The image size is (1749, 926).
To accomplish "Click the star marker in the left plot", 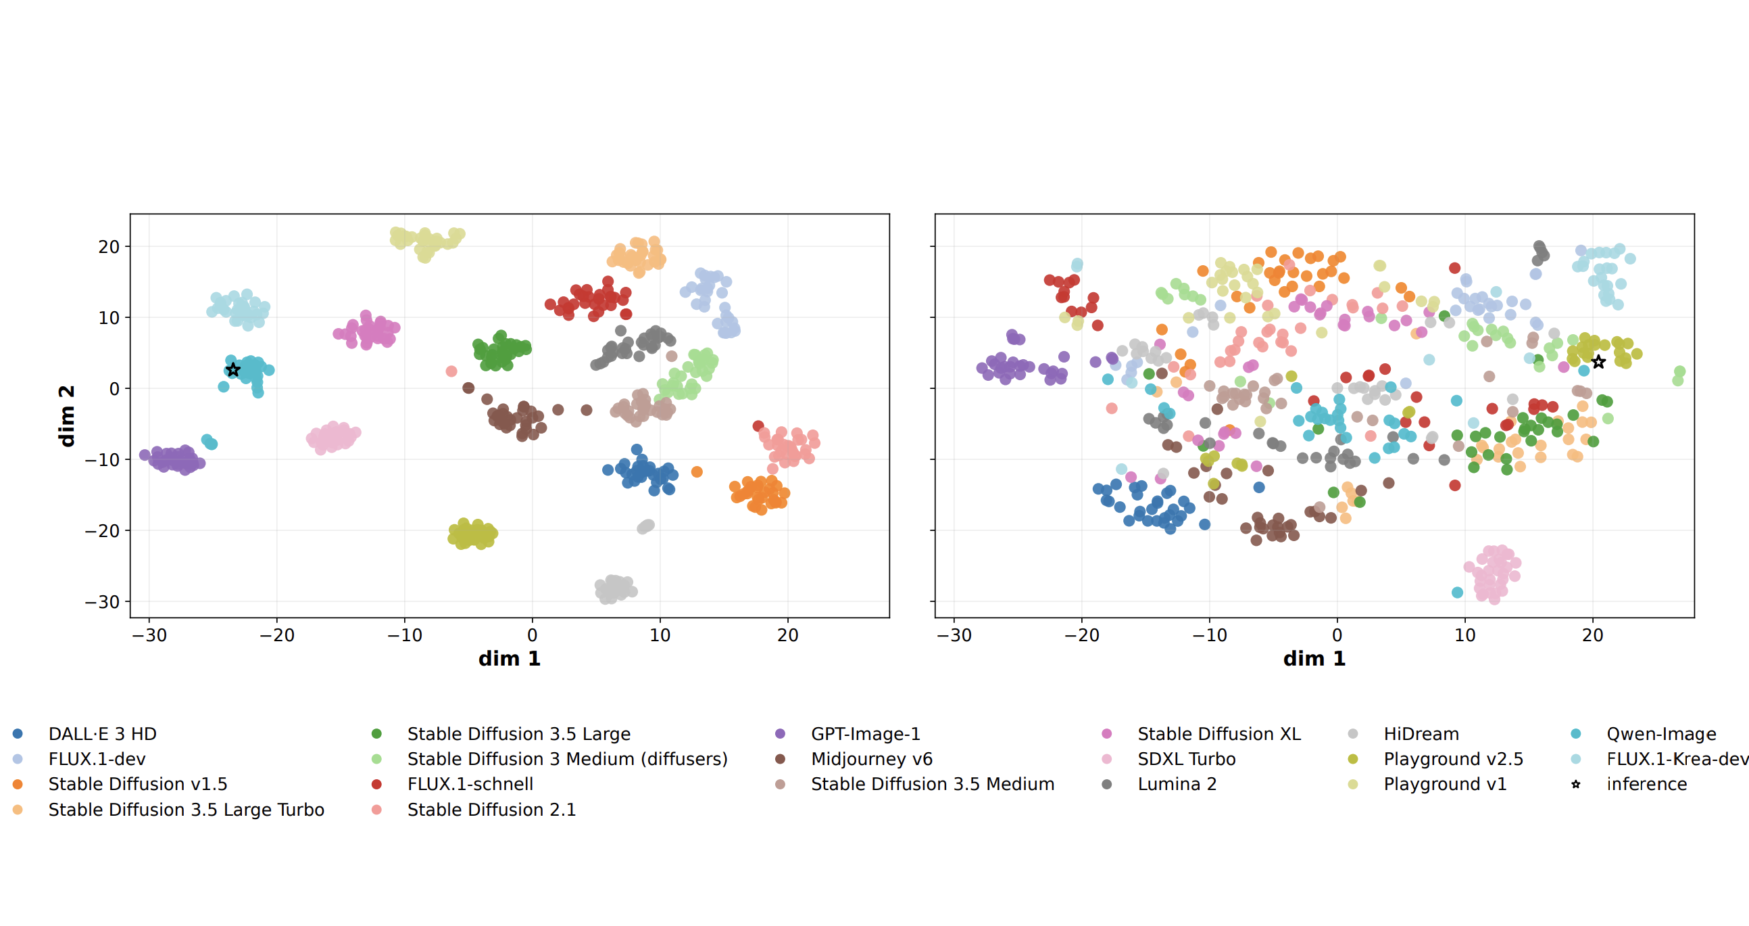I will click(233, 369).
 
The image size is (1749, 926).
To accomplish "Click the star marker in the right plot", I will click(1598, 362).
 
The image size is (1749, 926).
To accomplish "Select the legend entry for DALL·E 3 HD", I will click(102, 734).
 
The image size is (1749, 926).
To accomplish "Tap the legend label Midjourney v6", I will click(871, 759).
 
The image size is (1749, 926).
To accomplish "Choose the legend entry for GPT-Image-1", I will click(865, 734).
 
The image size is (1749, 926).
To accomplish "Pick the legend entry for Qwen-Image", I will click(1660, 734).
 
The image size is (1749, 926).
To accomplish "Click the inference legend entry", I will click(1646, 784).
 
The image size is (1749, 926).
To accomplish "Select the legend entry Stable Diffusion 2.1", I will click(491, 810).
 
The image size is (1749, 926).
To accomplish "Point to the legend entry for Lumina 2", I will click(1177, 784).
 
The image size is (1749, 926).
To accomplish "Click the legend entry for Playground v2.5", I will click(1453, 759).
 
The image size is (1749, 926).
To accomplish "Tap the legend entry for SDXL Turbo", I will click(1186, 759).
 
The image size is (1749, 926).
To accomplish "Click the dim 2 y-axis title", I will click(66, 416).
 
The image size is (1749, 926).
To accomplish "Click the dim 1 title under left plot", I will click(509, 658).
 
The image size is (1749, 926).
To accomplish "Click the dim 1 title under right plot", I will click(1314, 658).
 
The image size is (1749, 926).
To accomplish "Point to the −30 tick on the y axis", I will click(102, 602).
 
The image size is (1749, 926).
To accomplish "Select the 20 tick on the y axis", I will click(109, 247).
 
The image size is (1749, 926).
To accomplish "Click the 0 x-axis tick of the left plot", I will click(533, 635).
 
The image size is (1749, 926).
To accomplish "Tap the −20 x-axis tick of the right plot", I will click(1081, 635).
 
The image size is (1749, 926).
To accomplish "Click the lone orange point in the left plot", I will click(697, 471).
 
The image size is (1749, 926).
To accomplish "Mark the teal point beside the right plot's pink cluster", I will click(1457, 593).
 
